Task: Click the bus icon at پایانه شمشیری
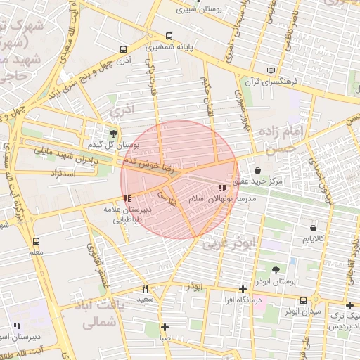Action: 169,37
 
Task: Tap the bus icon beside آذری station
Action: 124,50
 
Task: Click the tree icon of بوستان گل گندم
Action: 114,133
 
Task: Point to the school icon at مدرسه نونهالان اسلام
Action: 222,188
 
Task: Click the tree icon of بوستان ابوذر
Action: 275,270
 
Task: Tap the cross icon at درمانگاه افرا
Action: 243,289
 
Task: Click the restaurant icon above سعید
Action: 146,288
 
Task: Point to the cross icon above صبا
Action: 165,327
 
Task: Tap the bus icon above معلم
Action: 37,240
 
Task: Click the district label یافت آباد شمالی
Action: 98,316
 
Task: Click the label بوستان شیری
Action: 196,11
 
